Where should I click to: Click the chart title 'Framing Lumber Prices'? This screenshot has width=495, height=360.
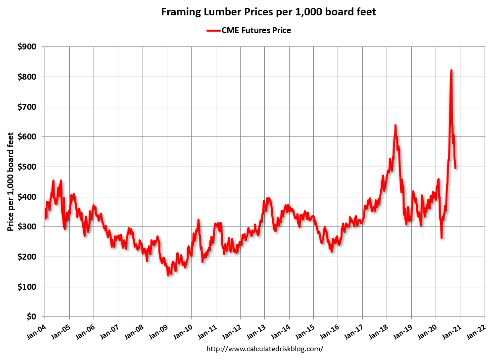269,12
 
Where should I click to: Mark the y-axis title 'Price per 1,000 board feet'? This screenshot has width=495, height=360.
10,182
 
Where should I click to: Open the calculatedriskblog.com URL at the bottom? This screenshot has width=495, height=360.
267,349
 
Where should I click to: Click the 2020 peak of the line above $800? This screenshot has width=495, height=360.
451,71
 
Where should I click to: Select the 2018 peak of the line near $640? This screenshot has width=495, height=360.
395,126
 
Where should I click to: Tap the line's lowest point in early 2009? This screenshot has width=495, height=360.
169,274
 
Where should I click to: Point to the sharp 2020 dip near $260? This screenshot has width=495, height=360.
441,237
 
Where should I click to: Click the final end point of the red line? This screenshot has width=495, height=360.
455,168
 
